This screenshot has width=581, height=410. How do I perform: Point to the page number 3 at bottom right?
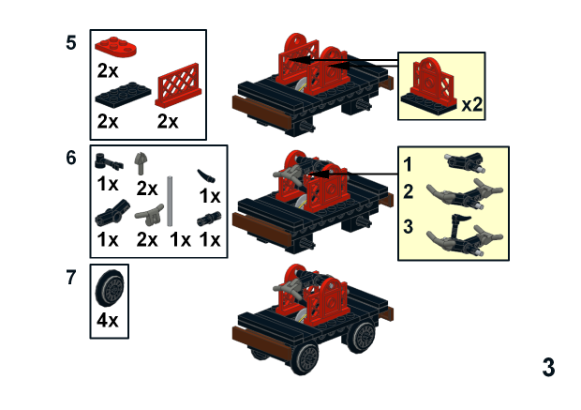pyautogui.click(x=548, y=367)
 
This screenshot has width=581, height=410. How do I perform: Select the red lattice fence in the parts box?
pyautogui.click(x=180, y=90)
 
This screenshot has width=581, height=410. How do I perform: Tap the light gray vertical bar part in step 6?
pyautogui.click(x=171, y=201)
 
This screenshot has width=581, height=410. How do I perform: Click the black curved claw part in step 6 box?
pyautogui.click(x=206, y=175)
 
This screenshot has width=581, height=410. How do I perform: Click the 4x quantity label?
pyautogui.click(x=109, y=321)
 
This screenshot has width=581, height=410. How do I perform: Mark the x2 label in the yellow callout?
pyautogui.click(x=471, y=105)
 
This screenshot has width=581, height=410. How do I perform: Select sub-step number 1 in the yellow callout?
pyautogui.click(x=409, y=164)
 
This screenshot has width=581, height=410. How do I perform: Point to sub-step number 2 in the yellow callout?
pyautogui.click(x=409, y=191)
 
